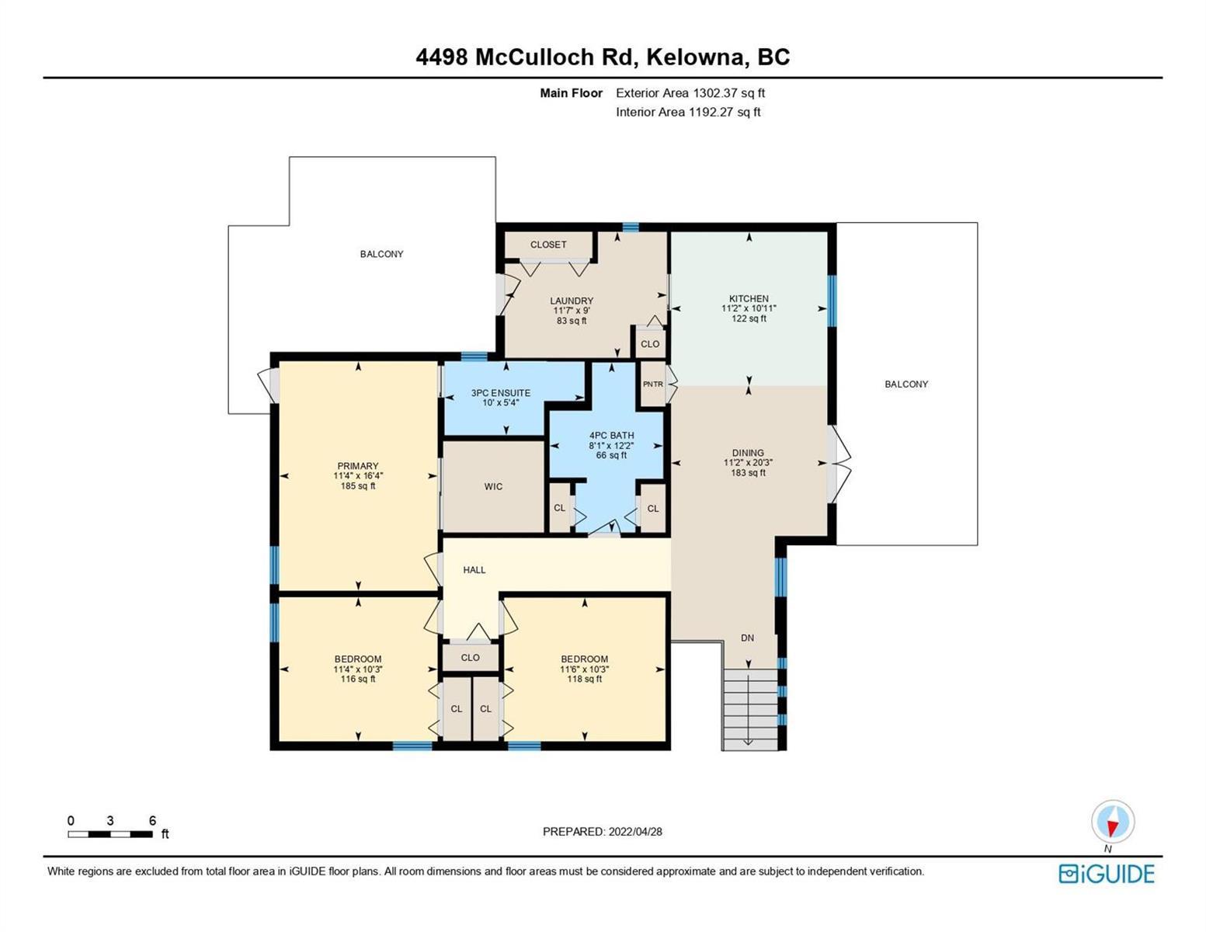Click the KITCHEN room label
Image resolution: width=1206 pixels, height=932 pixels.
(x=749, y=298)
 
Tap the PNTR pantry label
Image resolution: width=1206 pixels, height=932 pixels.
(x=652, y=384)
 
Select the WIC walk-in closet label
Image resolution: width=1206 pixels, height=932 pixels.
(x=493, y=486)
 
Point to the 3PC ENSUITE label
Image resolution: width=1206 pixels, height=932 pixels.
(x=501, y=392)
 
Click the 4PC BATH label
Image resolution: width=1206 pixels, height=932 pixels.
(x=612, y=435)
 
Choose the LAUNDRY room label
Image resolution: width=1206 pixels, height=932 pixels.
(x=572, y=301)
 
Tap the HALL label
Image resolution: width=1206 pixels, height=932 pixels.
(x=474, y=569)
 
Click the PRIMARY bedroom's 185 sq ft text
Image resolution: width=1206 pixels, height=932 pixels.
(x=358, y=485)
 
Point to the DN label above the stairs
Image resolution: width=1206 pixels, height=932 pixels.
(x=748, y=638)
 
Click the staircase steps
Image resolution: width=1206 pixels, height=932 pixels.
(x=750, y=709)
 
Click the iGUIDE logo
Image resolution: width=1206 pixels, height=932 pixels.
(x=1107, y=874)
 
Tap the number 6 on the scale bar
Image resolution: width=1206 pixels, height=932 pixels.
(x=153, y=820)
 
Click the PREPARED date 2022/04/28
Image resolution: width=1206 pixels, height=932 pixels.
(x=635, y=832)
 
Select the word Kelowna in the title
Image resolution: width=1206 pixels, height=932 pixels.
(x=694, y=57)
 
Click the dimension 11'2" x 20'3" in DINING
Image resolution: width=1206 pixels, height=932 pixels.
(x=748, y=462)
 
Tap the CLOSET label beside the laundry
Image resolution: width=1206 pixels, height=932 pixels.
(x=548, y=244)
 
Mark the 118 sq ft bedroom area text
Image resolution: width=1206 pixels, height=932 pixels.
(x=585, y=678)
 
